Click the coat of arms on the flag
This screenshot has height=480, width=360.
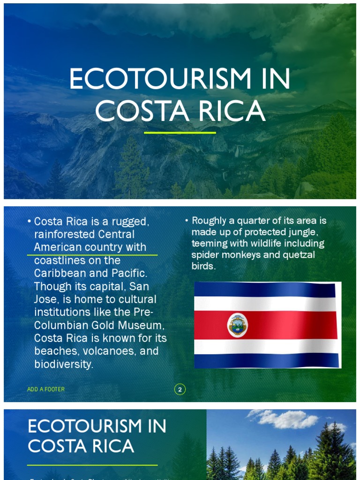coord(238,325)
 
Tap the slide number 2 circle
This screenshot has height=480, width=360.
coord(180,390)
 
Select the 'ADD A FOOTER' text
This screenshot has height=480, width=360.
coord(46,390)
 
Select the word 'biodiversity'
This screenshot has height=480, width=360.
coord(63,364)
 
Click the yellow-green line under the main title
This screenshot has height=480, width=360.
coord(180,133)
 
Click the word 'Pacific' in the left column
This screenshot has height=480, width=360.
coord(127,273)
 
